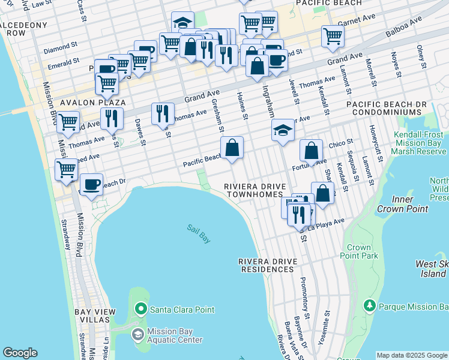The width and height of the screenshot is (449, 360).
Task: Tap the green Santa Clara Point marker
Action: (141, 310)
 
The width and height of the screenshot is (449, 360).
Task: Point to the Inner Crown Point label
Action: (402, 204)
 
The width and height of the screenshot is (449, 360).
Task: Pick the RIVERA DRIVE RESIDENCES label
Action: (267, 266)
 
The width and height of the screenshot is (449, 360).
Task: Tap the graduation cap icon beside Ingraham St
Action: (283, 131)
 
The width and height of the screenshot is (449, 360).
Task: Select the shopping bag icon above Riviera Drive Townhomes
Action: (232, 147)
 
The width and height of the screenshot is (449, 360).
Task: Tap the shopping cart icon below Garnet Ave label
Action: (333, 35)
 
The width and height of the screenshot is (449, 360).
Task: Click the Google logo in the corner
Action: (20, 353)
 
